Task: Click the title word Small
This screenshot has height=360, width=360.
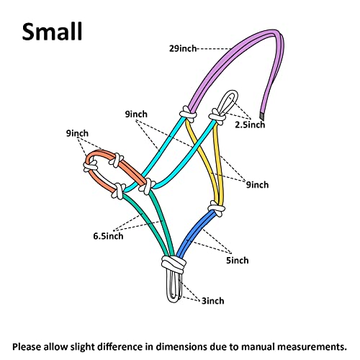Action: pos(52,32)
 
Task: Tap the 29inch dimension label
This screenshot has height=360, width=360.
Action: pos(183,48)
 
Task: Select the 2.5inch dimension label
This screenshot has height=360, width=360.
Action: pos(250,125)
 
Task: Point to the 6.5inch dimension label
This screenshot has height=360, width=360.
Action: pos(108,236)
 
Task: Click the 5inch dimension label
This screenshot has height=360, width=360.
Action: pos(238,260)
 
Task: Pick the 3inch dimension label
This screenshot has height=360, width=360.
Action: pos(212,301)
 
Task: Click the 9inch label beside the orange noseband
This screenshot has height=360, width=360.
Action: pos(77,133)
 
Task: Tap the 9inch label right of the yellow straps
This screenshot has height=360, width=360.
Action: pos(258,185)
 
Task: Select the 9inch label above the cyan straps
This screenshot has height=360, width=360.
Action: pos(136,114)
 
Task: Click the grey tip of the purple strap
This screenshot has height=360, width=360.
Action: pos(262,117)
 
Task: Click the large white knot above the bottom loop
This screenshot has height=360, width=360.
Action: pos(174,264)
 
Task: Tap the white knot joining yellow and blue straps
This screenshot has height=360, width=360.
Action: pos(217,208)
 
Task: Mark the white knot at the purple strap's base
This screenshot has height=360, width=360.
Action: pos(188,114)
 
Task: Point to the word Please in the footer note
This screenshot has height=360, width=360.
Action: pos(27,347)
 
